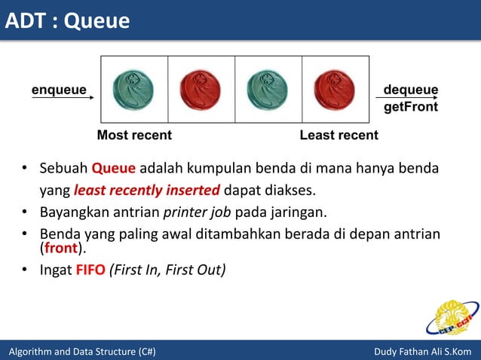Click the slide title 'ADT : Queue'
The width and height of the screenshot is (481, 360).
67,21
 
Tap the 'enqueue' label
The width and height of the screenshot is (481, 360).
58,90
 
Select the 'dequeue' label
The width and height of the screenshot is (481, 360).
411,90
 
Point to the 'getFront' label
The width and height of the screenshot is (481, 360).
411,107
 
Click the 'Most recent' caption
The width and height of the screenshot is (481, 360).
134,136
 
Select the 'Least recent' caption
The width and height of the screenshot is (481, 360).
339,136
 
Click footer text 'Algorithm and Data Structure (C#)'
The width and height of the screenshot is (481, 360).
81,352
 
